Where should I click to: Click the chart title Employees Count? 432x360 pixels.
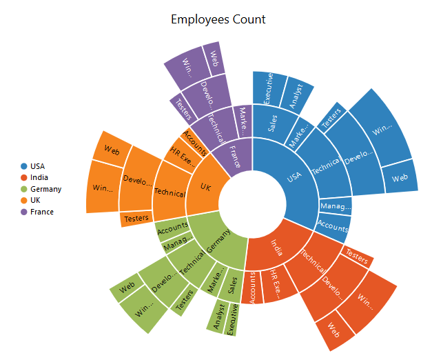tap(218, 19)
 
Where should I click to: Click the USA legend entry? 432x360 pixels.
tap(37, 166)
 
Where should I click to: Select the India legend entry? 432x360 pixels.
tap(39, 178)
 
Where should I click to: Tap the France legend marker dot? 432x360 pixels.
tap(24, 212)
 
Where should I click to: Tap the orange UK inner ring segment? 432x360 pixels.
tap(205, 188)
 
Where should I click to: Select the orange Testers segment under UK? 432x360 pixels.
tap(135, 219)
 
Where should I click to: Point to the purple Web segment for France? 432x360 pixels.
tap(213, 55)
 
